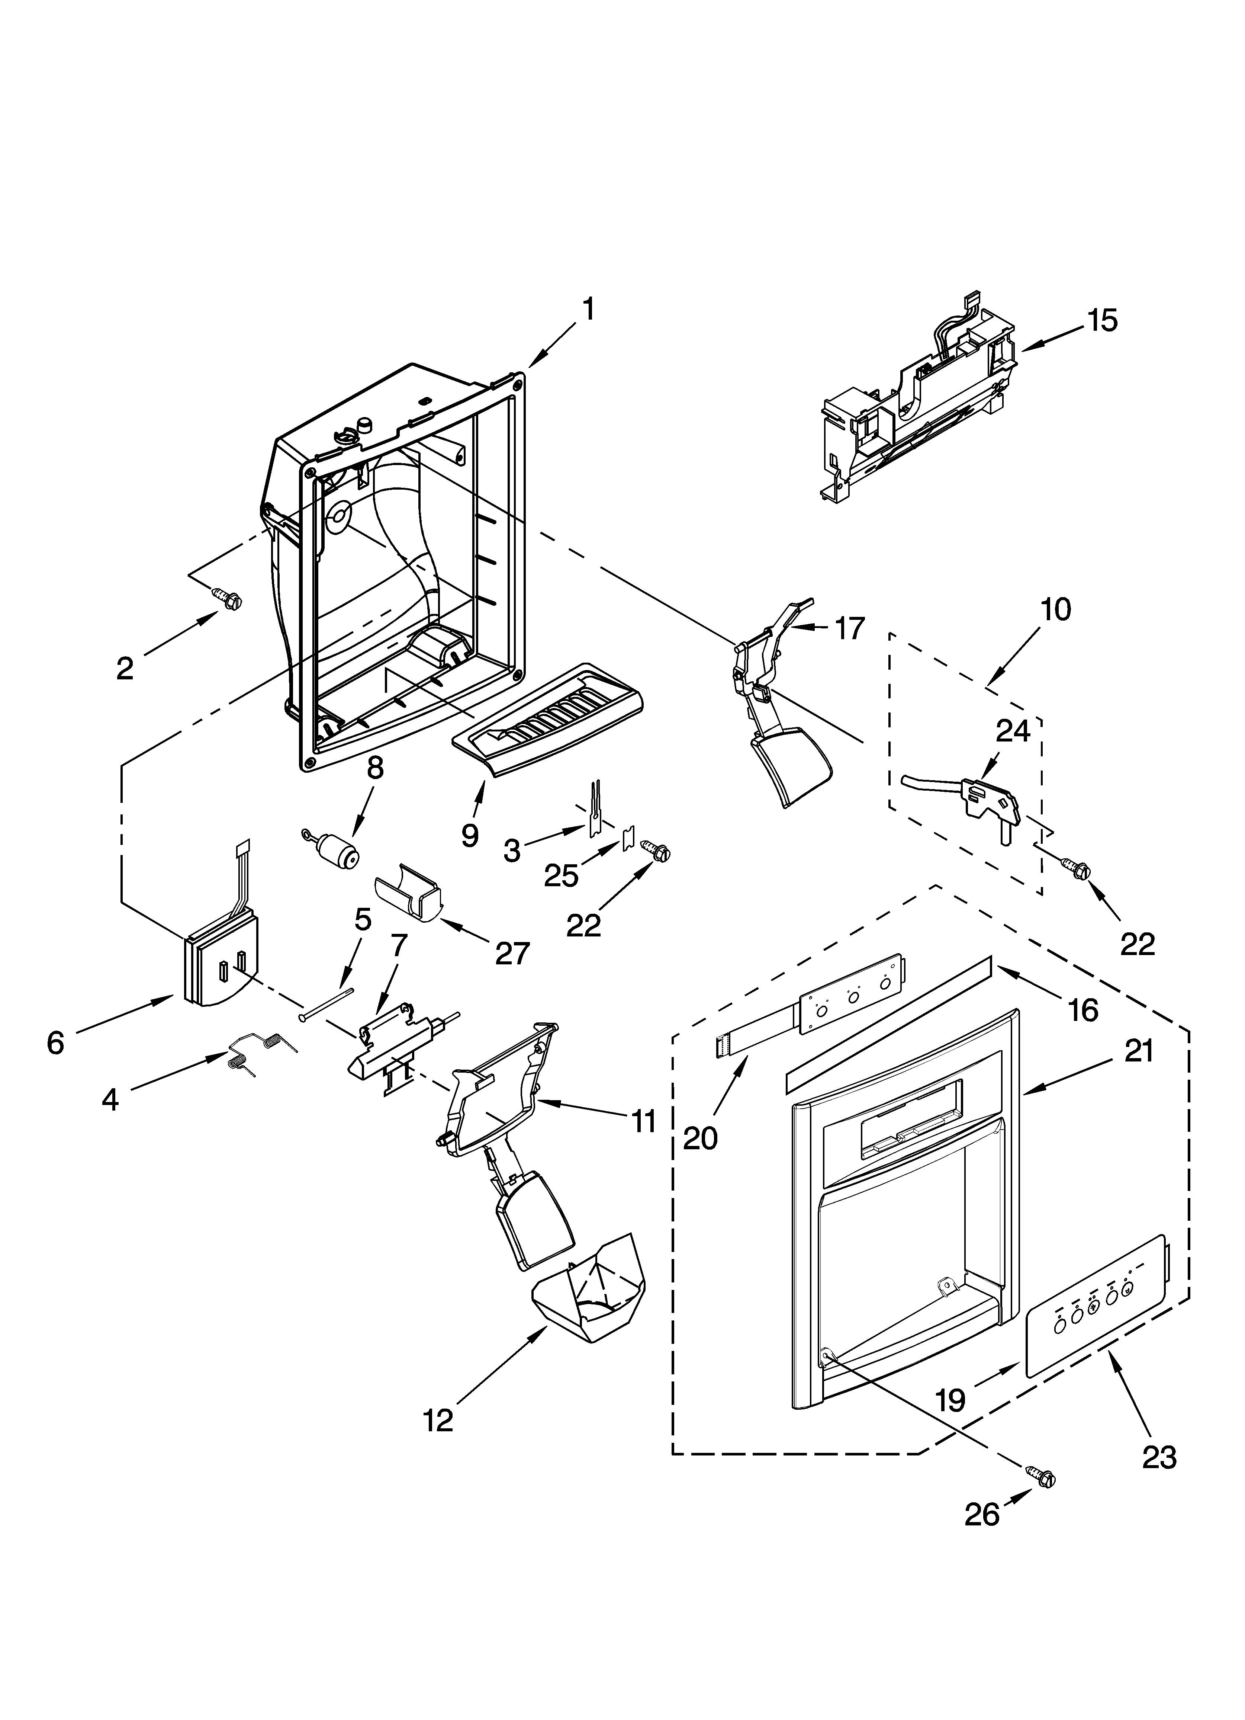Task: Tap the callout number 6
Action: click(55, 1044)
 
